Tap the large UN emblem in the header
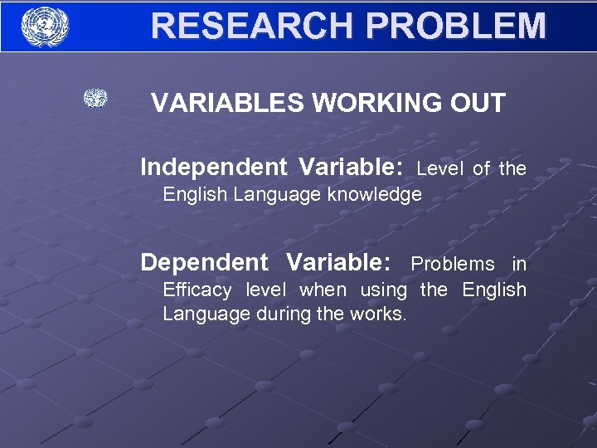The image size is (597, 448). pos(45,26)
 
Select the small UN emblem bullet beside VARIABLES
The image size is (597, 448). pos(95,99)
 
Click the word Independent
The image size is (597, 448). pos(213,168)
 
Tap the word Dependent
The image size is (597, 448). pos(204,263)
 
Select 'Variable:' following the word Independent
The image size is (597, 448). pos(352,168)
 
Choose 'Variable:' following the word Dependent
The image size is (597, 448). pos(338,263)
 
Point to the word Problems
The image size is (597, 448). pos(453,265)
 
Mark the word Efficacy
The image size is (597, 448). pos(197,290)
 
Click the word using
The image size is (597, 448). pos(384,290)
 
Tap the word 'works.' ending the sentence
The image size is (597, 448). pos(380,314)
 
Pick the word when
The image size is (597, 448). pos(323,290)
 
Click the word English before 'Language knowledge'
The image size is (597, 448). pos(196,195)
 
